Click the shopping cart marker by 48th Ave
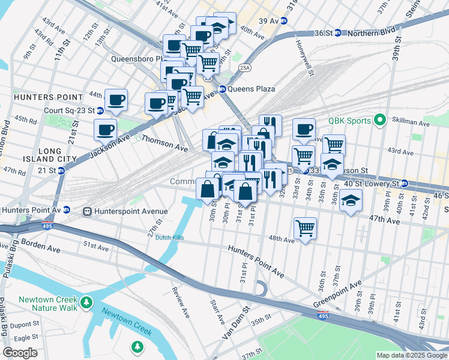click(306, 228)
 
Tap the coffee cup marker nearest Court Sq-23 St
click(116, 100)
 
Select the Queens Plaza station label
click(251, 89)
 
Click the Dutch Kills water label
click(169, 238)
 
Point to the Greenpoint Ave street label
click(337, 295)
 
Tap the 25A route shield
click(244, 68)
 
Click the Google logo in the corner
click(20, 353)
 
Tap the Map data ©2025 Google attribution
click(411, 355)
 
